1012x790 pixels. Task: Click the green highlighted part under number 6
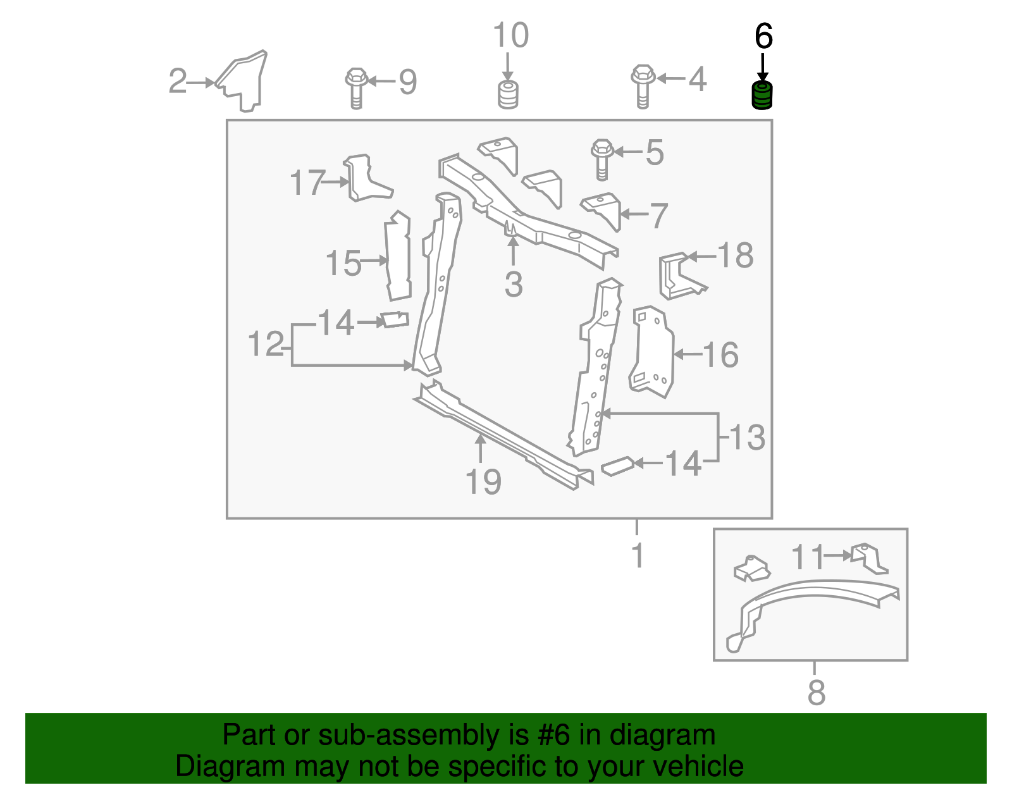click(762, 96)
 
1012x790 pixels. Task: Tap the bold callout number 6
click(763, 36)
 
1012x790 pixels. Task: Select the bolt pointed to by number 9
click(356, 89)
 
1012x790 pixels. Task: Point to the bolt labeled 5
click(602, 159)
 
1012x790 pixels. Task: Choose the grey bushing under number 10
click(508, 95)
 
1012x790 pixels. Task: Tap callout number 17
click(306, 182)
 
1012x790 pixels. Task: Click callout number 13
click(746, 437)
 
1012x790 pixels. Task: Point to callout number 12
click(266, 344)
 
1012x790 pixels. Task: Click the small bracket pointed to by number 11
click(869, 559)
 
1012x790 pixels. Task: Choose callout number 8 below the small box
click(816, 692)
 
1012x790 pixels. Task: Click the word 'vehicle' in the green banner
click(698, 766)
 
